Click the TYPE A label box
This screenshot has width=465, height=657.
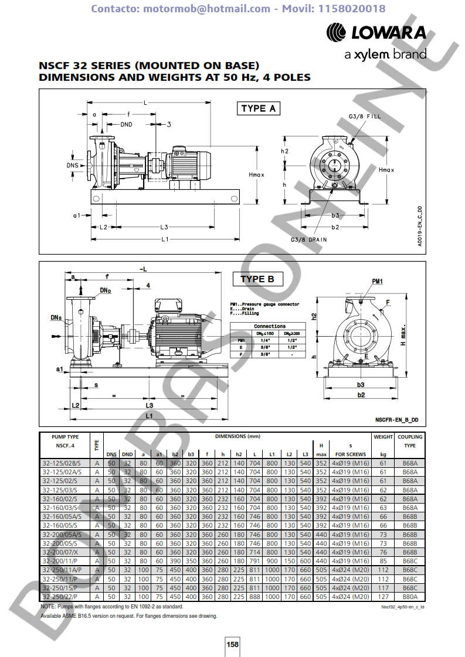(x=258, y=108)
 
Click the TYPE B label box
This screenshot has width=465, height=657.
(x=257, y=279)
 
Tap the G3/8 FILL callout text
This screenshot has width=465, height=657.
(x=365, y=117)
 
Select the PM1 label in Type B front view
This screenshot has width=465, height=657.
(x=377, y=282)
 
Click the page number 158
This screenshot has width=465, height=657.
(x=233, y=644)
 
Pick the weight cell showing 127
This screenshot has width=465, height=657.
(x=383, y=597)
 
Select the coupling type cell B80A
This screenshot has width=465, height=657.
(x=410, y=597)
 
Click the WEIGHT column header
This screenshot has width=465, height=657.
(x=383, y=437)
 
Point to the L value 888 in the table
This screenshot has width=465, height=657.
(x=254, y=597)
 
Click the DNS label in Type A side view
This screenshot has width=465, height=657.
(x=72, y=166)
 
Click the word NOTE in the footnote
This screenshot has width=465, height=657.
(x=47, y=607)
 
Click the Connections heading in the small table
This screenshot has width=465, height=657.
(x=270, y=326)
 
